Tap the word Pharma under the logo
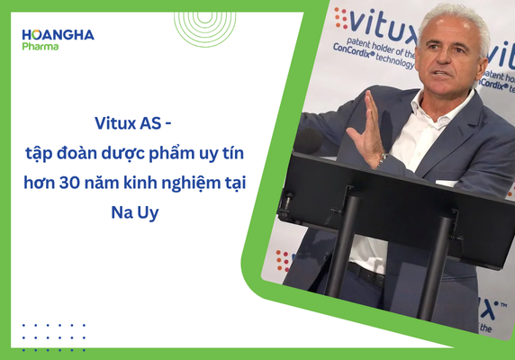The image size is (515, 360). (41, 46)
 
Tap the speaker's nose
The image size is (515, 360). (447, 65)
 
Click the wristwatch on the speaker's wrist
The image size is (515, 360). (383, 159)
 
